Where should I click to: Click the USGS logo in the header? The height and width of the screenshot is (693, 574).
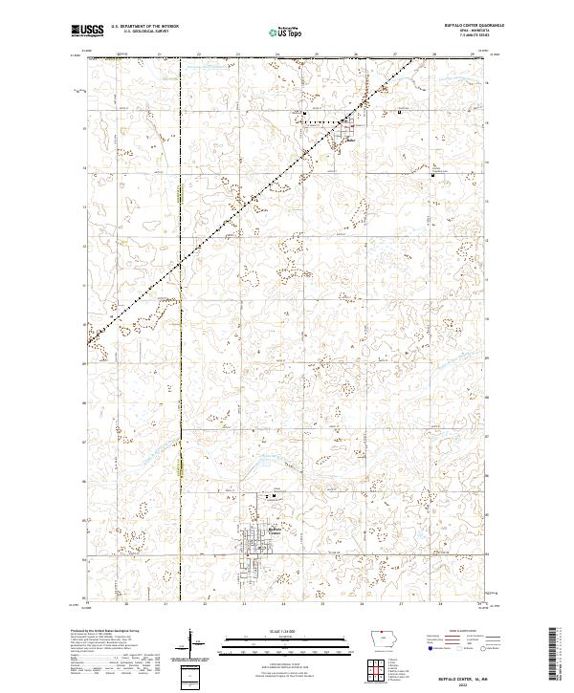88,31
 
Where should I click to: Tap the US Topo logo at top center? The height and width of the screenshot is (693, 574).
284,32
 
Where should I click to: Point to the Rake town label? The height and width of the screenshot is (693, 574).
350,141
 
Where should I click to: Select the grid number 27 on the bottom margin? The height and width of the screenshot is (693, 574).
400,605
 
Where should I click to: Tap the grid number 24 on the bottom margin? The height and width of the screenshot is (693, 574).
283,605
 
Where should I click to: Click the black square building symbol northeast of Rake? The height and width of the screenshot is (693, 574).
399,114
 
